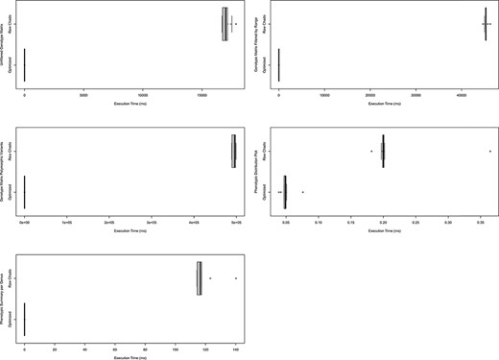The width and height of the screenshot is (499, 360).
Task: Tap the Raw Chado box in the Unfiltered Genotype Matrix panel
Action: [225, 25]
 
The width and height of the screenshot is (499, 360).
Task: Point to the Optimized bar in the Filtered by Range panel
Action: [278, 64]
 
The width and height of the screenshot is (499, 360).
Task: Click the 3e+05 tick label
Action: [152, 223]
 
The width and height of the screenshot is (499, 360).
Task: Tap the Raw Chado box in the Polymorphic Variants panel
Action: [234, 152]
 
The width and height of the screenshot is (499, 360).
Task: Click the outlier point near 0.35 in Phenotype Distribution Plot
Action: [489, 151]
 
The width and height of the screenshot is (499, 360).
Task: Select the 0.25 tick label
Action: [416, 223]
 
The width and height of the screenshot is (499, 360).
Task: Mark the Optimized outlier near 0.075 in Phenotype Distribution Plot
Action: [302, 192]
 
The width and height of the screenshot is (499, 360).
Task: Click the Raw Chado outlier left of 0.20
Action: [371, 151]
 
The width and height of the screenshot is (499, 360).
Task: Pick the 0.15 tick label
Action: [351, 223]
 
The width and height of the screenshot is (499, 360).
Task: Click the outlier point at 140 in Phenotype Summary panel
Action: [235, 278]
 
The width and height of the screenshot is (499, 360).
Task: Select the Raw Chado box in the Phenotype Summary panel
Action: [199, 277]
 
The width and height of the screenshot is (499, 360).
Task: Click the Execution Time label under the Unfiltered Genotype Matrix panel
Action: [129, 105]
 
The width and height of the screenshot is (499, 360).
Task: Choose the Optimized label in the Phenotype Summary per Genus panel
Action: [9, 320]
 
